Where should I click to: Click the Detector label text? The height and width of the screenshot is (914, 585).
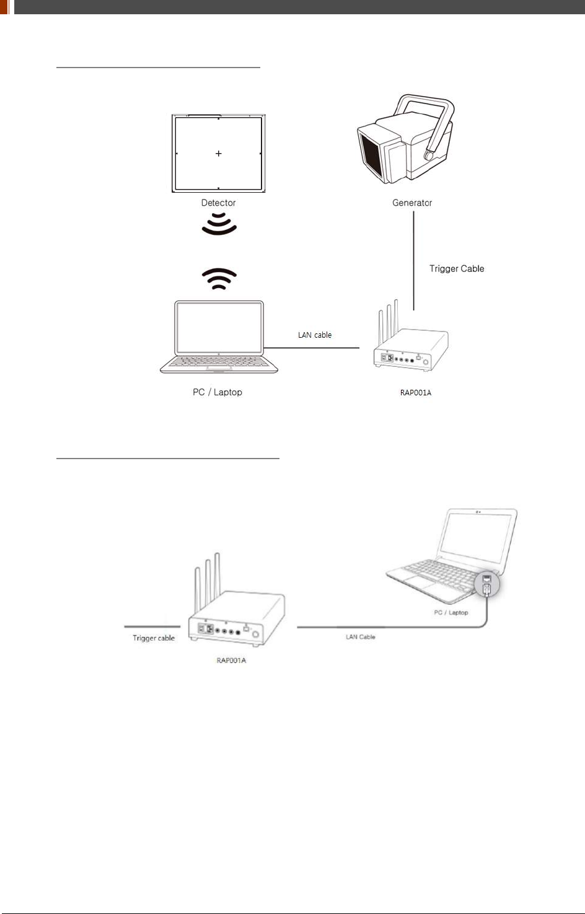[218, 203]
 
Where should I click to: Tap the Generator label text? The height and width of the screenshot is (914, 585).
[412, 203]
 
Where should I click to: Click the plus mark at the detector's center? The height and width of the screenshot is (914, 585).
[219, 153]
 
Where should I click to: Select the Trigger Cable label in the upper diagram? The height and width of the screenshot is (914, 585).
[457, 268]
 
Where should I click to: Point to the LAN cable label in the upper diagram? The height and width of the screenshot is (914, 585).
[315, 335]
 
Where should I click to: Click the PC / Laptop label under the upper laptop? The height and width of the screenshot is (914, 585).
[218, 392]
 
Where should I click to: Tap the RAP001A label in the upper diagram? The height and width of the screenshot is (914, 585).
[416, 393]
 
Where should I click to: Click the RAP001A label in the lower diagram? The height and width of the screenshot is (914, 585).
[231, 661]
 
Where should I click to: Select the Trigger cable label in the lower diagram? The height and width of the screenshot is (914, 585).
[154, 638]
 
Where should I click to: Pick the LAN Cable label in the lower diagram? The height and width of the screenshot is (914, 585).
[361, 637]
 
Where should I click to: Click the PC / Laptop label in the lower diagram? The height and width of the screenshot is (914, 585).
[451, 613]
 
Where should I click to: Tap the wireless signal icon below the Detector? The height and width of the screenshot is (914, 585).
[219, 224]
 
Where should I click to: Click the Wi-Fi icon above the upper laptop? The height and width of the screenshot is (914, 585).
[219, 279]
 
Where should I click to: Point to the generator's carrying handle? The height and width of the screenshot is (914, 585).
[434, 118]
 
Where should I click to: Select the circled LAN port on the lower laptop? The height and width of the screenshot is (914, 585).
[487, 584]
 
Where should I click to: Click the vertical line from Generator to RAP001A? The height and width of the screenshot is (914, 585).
[414, 260]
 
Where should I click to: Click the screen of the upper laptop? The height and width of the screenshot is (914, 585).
[219, 327]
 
